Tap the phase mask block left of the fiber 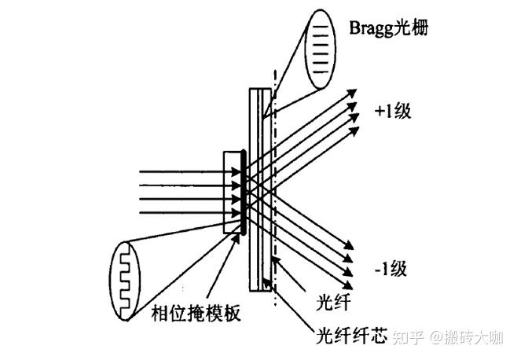(233, 192)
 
